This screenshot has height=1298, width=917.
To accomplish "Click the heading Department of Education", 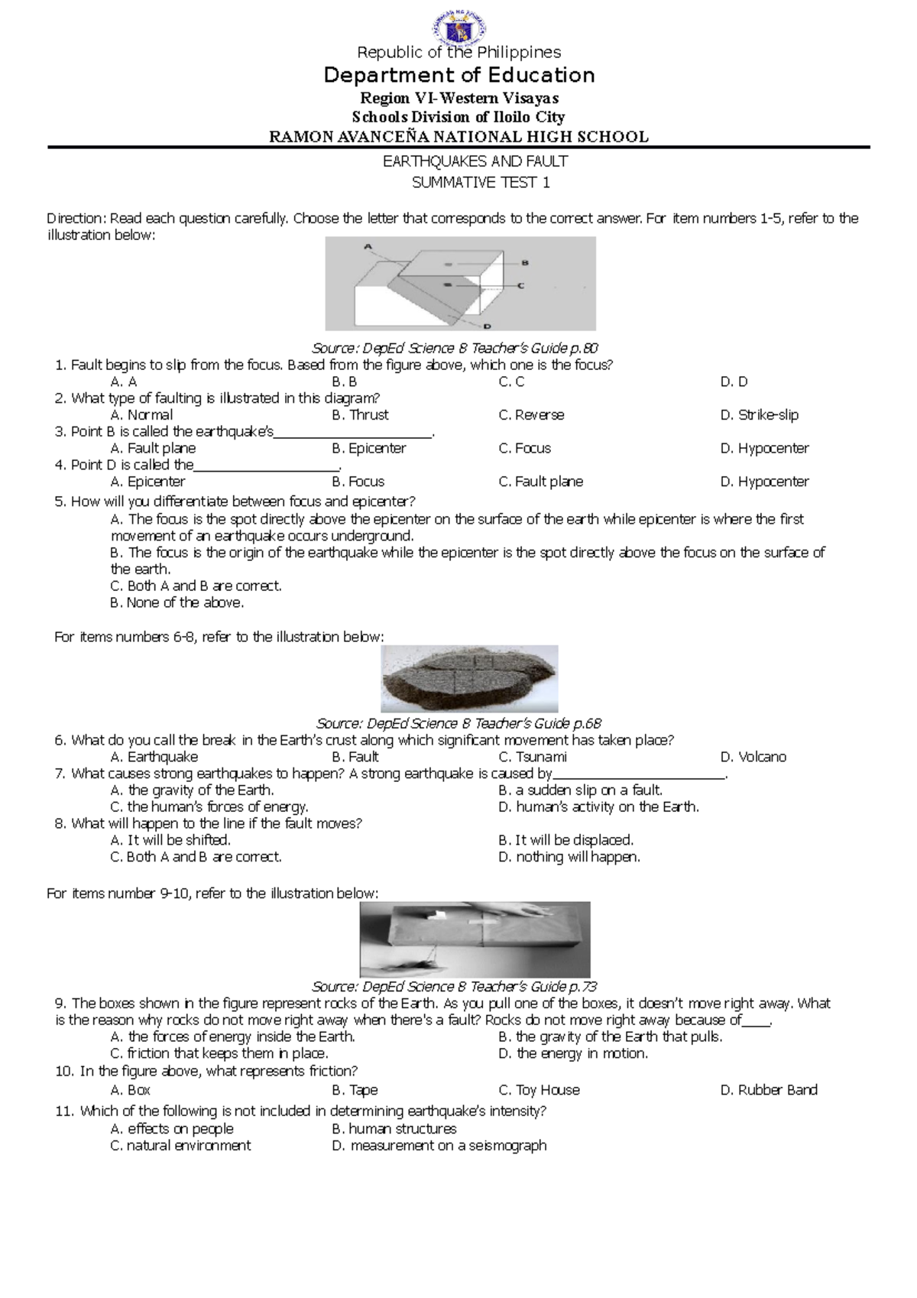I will (458, 75).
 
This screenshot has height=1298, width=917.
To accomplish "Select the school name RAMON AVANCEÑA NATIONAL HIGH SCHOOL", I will (458, 137).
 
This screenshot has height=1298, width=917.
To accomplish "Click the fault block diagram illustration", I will (460, 284).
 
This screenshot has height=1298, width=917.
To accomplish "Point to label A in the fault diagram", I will (368, 247).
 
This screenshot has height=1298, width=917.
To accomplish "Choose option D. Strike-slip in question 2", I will (760, 415).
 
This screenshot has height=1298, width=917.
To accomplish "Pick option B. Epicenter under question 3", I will (369, 449).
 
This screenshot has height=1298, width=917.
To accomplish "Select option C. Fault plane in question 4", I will (540, 482).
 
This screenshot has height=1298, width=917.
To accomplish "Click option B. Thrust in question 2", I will (360, 415).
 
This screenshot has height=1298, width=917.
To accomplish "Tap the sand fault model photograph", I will (469, 679).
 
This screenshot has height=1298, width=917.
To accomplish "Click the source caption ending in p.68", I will (458, 723).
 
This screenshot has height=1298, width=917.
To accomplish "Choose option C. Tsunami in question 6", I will (533, 757).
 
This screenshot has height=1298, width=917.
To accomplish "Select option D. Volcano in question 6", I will (753, 757).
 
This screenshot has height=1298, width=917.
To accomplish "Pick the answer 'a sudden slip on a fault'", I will (581, 790).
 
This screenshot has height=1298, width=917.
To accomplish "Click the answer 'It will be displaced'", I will (565, 840).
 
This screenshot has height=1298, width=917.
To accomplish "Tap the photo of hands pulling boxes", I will (475, 940).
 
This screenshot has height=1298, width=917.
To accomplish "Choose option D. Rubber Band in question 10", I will (769, 1090).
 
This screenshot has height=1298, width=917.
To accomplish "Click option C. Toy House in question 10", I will (539, 1090).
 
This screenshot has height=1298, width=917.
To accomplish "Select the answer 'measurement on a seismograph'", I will (439, 1146).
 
